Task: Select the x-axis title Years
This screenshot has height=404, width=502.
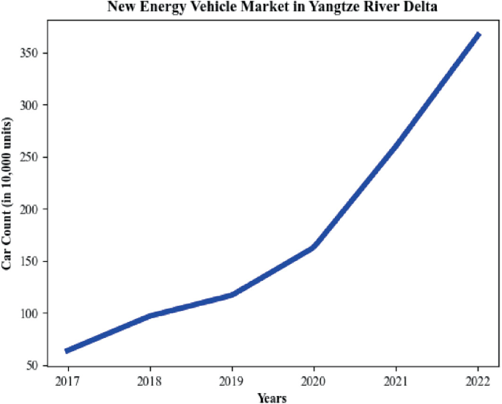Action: [272, 397]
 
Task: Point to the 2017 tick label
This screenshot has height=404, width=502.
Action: [67, 381]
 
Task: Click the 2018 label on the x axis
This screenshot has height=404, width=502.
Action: [150, 381]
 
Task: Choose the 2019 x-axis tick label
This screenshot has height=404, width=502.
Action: [232, 381]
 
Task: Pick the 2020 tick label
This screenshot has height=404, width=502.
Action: [314, 381]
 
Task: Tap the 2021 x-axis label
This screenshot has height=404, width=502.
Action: [396, 381]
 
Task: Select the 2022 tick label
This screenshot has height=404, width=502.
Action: [478, 381]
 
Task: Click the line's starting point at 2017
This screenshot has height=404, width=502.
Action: [67, 351]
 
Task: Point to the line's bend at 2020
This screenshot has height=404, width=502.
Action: [314, 247]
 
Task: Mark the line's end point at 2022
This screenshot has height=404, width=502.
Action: [478, 34]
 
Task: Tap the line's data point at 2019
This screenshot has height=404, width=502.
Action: [232, 295]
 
